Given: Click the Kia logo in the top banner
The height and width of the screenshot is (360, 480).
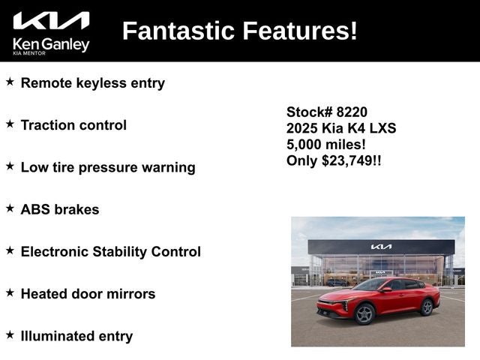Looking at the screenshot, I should coord(51,21).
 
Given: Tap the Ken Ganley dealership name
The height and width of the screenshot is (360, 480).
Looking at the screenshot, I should coord(51,44).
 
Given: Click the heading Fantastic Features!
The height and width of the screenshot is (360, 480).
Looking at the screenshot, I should coord(239,31).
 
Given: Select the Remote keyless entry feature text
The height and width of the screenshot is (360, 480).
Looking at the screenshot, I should coord(92,83).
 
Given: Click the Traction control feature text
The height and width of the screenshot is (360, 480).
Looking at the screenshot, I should coord(73,125).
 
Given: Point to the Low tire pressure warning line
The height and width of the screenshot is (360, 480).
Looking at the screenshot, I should coord(107,167).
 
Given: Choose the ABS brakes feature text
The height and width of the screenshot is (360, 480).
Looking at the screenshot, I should coord(60,209).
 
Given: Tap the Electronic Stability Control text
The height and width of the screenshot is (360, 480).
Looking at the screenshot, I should coord(110,252).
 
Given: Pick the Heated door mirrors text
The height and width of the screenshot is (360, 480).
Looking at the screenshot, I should coord(88,294).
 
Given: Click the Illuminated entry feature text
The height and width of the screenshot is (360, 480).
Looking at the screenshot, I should coord(76,336).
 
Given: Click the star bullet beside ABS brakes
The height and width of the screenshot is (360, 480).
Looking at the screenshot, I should coord(10,208).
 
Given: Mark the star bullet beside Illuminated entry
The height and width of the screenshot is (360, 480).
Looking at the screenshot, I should coord(10,334).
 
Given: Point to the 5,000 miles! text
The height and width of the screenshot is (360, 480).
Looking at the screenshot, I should coord(326,144).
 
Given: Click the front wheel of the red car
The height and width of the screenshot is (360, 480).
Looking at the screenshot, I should coord(365,313).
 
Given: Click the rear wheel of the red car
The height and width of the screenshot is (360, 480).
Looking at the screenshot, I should coord(427,307).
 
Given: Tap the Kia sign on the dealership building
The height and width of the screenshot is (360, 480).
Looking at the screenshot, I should coord(381,247).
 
